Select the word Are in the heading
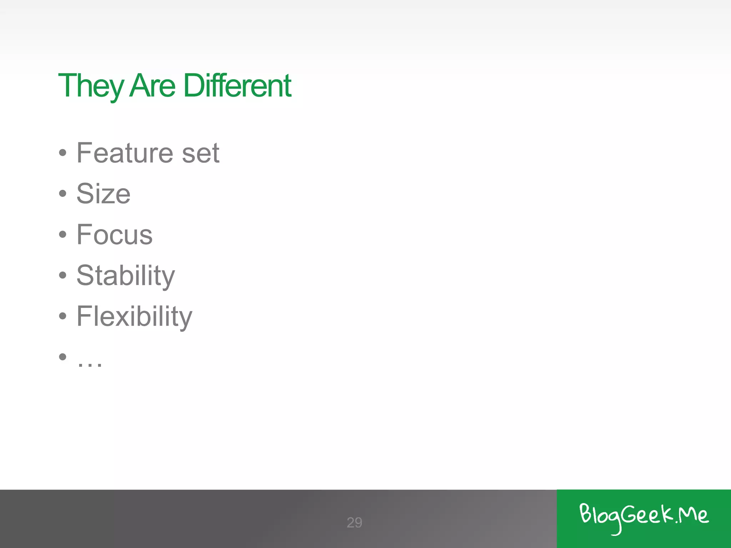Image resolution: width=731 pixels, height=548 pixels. (152, 86)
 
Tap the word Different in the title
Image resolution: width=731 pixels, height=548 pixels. (237, 86)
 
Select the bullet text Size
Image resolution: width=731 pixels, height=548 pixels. (104, 194)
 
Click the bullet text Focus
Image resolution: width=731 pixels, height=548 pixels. (115, 235)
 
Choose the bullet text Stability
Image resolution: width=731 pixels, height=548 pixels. (126, 276)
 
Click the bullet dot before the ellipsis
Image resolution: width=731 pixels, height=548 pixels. (63, 357)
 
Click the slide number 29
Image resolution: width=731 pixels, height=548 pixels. (354, 523)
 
